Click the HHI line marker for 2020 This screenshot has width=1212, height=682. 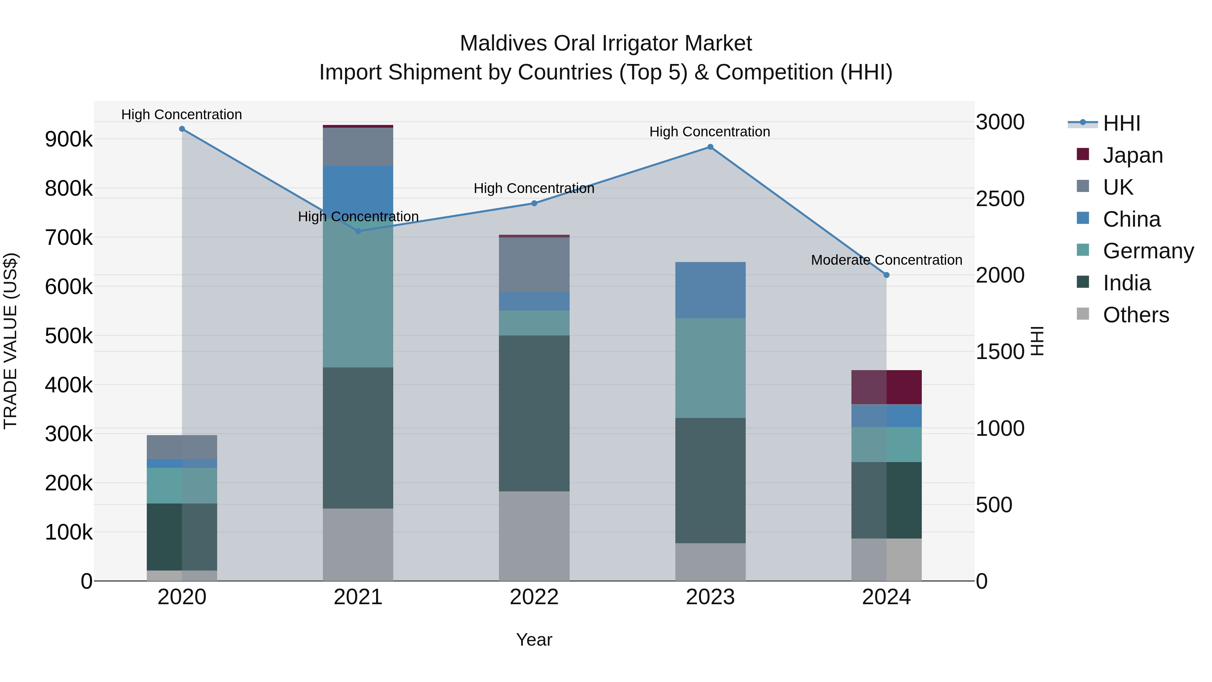pos(182,129)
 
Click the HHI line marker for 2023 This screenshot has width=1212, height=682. pos(710,147)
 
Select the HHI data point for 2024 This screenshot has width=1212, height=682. pos(886,275)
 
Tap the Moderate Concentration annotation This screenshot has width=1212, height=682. pos(886,260)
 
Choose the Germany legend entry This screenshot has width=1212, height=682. pos(1148,251)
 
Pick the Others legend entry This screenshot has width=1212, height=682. pos(1136,315)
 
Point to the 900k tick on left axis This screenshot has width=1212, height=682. pos(69,139)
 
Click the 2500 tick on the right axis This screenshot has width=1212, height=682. pos(1000,199)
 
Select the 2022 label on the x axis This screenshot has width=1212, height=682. pos(534,597)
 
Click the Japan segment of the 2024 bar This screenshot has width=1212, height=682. pos(886,387)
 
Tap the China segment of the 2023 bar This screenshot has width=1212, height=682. pos(710,290)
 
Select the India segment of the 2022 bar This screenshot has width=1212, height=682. pos(534,413)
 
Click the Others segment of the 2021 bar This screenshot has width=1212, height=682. pos(358,545)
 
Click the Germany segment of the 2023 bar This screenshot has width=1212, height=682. pos(710,368)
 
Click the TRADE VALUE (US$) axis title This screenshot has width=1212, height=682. pos(10,341)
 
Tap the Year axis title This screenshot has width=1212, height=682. pos(534,640)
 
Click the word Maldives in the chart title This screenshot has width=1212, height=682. pos(503,43)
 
